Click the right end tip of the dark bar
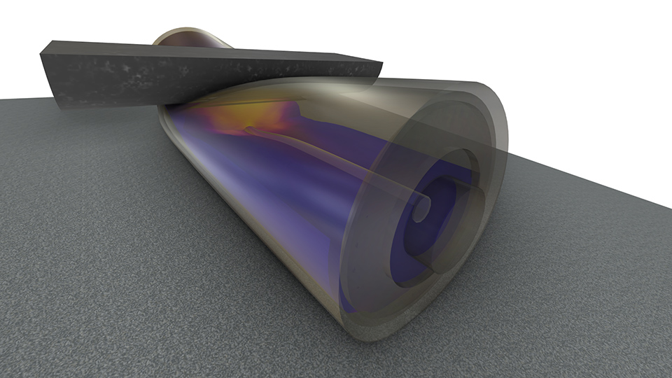381,67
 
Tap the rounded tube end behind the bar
189,36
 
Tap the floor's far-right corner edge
668,207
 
